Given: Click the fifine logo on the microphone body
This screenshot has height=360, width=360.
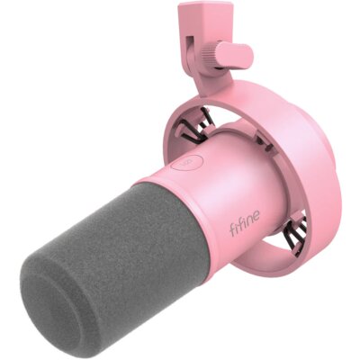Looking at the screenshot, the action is (245, 223).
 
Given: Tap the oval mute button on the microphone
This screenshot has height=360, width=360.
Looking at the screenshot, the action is (186, 163).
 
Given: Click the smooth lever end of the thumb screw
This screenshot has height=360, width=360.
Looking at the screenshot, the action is (236, 55).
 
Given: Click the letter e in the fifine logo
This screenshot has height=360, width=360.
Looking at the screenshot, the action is (256, 217).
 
